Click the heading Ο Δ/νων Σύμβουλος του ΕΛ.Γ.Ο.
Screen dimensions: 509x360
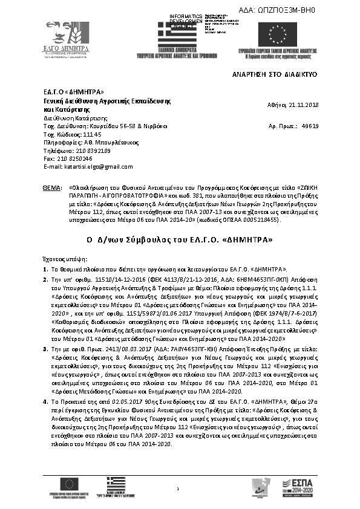[x=180, y=240]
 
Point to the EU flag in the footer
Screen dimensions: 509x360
[x=70, y=484]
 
